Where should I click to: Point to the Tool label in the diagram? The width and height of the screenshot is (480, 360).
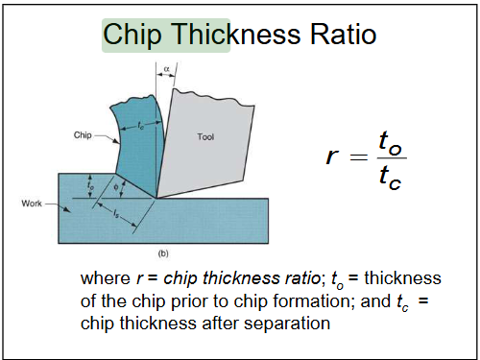[205, 137]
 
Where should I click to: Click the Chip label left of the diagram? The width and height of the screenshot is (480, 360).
[82, 136]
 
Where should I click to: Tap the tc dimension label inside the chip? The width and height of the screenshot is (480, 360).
[142, 123]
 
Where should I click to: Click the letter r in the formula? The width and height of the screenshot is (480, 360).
[333, 156]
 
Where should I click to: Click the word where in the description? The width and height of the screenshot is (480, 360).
[105, 279]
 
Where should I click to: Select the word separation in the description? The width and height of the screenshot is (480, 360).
[287, 324]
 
